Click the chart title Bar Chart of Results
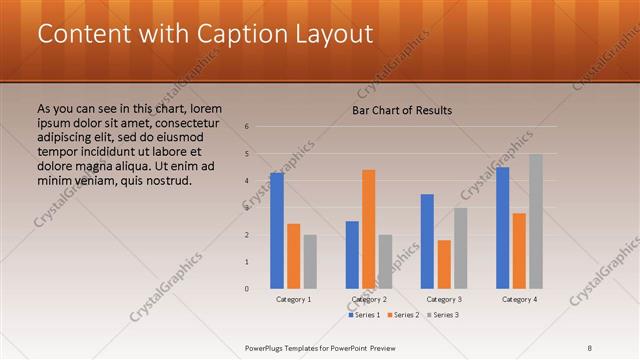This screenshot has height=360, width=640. [401, 110]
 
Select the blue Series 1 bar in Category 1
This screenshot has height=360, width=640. [277, 231]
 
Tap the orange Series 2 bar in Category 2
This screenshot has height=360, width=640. [369, 229]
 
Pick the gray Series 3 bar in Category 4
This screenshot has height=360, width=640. [536, 221]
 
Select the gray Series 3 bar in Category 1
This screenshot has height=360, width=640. [310, 262]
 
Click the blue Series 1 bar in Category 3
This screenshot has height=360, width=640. [427, 241]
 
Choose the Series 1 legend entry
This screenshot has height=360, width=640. [366, 315]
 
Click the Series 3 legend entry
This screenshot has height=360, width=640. [444, 315]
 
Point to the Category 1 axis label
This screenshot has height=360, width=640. [293, 299]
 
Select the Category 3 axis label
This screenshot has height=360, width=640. [444, 299]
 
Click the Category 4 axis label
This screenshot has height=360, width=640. [519, 299]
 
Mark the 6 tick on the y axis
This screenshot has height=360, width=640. [247, 127]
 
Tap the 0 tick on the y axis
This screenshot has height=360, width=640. [247, 289]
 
